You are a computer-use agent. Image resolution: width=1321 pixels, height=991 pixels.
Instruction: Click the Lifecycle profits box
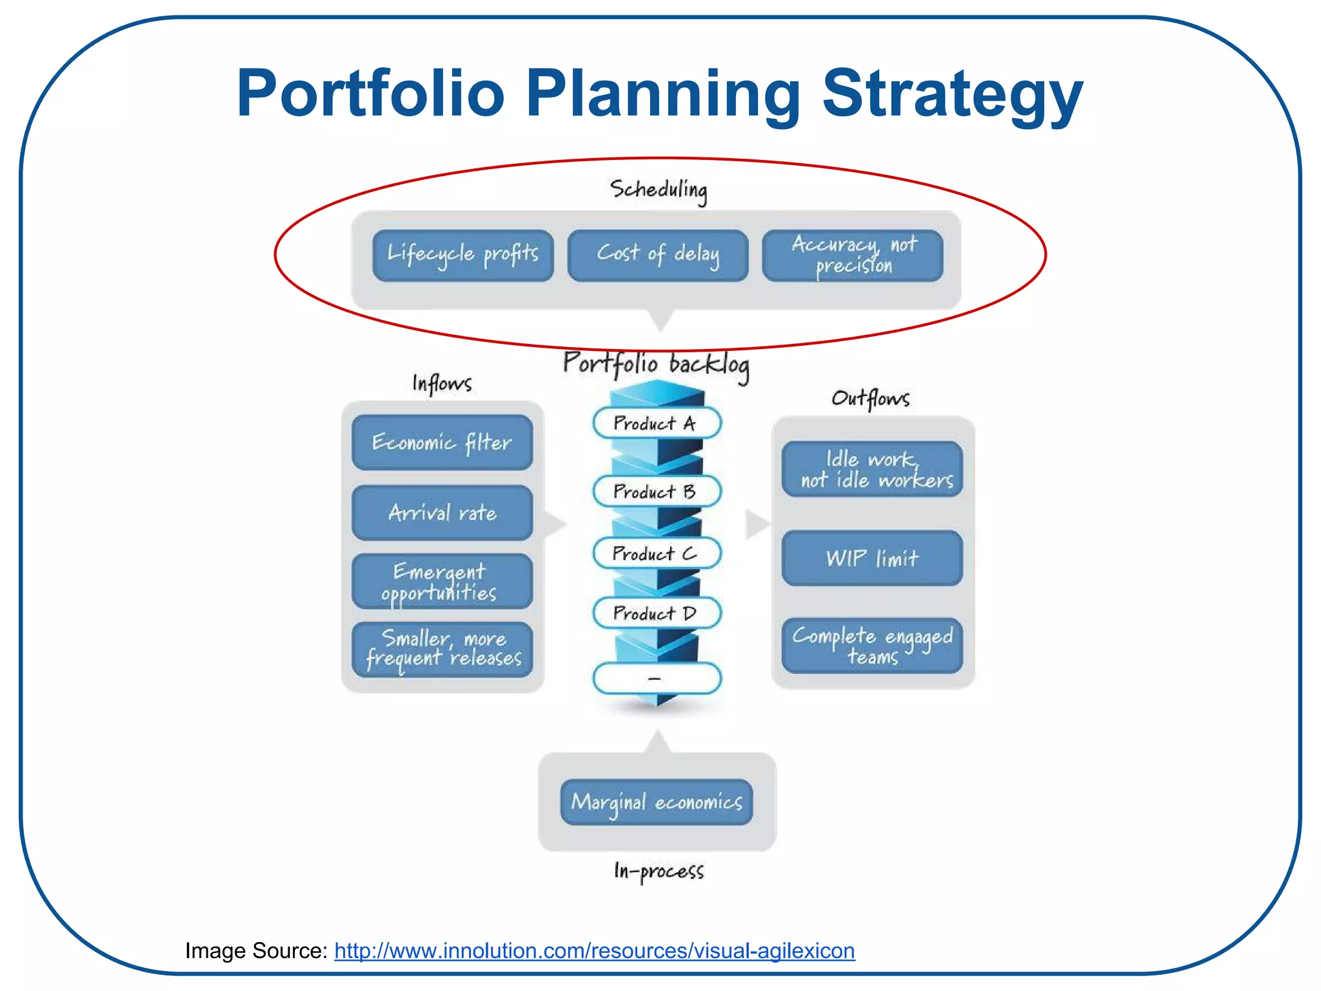(x=462, y=255)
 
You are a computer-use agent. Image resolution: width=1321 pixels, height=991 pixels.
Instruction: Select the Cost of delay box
(x=657, y=255)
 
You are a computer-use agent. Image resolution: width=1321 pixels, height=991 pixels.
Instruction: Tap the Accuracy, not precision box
(x=852, y=255)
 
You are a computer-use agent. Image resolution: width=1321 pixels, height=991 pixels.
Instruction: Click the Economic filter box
(x=442, y=443)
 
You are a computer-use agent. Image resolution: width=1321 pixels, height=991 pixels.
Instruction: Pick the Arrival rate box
(x=442, y=513)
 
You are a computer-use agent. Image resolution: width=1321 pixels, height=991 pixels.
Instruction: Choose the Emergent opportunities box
(x=442, y=581)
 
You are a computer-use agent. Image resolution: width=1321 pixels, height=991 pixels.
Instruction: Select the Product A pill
(x=656, y=423)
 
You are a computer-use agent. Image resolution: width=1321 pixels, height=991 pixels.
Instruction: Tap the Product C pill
(x=656, y=553)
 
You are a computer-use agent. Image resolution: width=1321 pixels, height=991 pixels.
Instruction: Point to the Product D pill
(x=656, y=613)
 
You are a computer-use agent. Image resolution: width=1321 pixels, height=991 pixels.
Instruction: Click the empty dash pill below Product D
(x=656, y=678)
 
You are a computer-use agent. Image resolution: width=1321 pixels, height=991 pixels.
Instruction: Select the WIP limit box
(x=871, y=558)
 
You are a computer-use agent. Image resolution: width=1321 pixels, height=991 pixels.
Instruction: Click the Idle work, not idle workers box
(x=871, y=469)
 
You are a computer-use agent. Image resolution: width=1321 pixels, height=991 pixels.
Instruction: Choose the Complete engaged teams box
(x=871, y=646)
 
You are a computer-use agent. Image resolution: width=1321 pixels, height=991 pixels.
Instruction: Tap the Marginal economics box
(x=656, y=802)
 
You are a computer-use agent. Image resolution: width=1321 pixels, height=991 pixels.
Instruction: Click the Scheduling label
(x=659, y=190)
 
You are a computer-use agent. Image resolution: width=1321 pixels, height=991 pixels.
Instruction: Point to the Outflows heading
(x=870, y=398)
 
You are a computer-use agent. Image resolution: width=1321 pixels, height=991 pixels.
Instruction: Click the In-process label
(x=659, y=871)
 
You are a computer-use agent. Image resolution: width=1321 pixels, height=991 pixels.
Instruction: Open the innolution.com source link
(x=594, y=951)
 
